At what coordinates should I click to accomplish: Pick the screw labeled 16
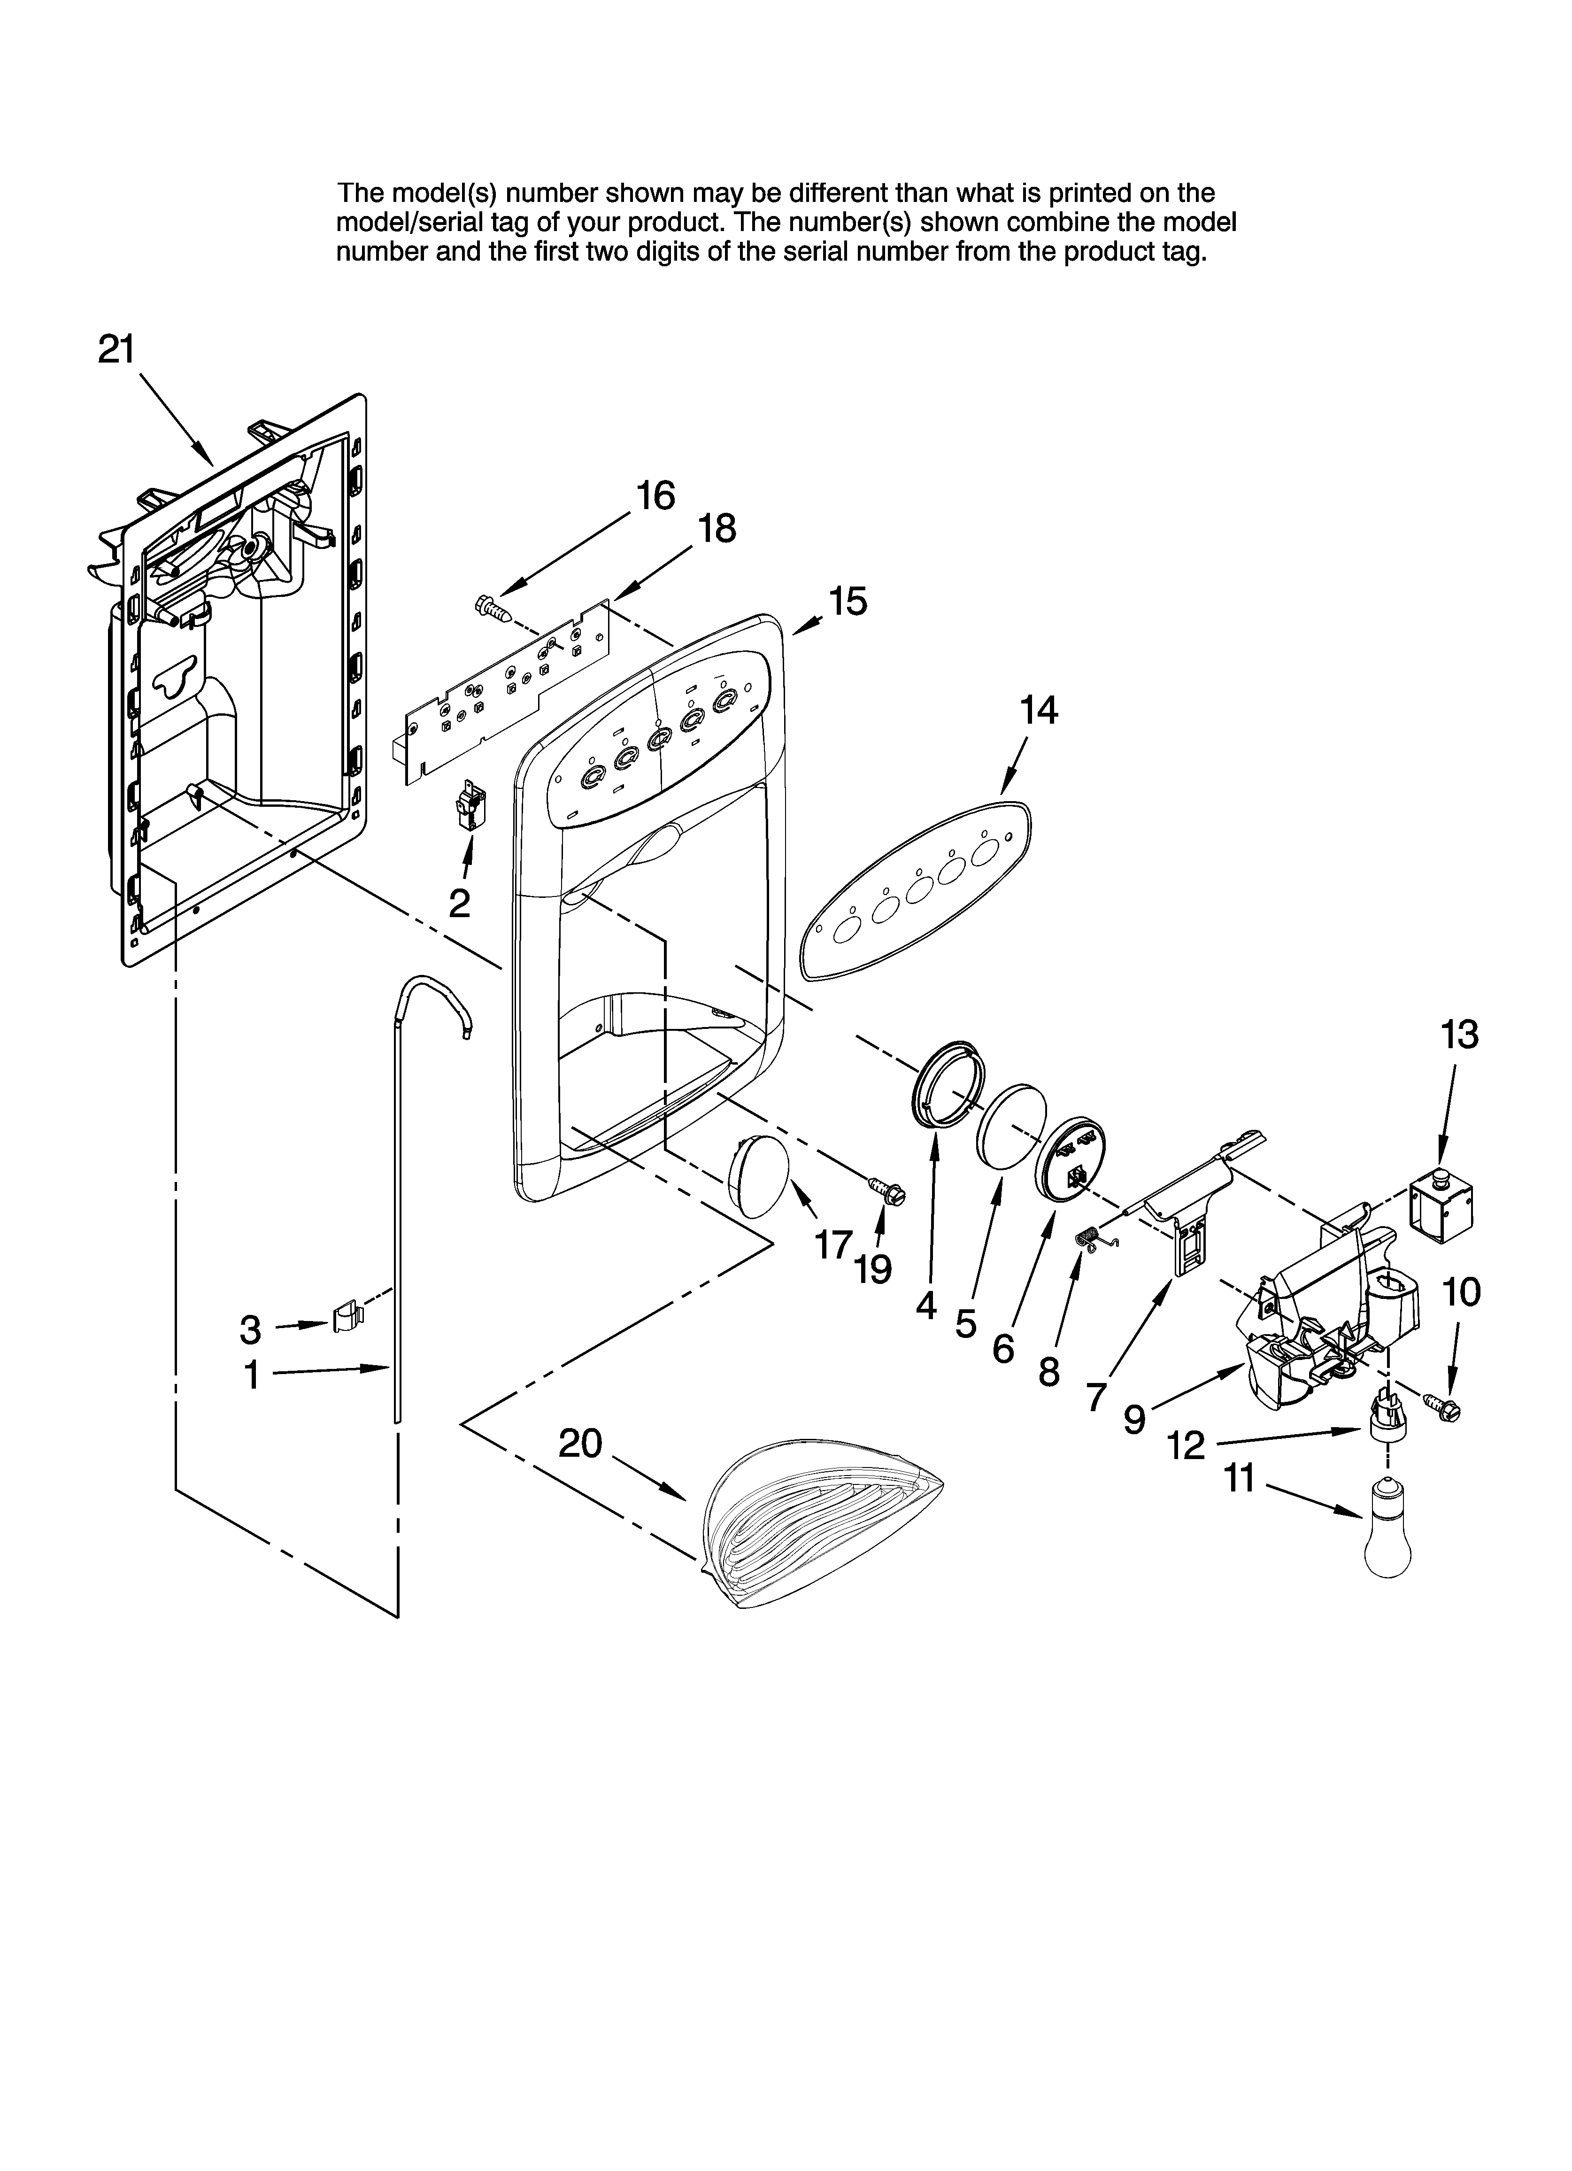492,606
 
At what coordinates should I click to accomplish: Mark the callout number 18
717,528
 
